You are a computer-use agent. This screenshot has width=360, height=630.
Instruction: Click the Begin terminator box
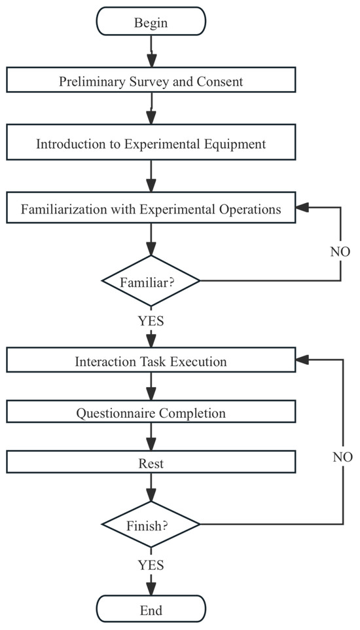[151, 23]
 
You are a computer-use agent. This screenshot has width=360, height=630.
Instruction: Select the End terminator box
[151, 610]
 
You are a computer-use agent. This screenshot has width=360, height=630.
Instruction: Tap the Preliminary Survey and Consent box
[151, 83]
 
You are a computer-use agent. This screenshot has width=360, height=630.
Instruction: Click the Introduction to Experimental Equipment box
[151, 144]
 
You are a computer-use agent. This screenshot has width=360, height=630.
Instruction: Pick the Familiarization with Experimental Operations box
[151, 210]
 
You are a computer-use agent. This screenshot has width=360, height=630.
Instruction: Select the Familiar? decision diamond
[151, 282]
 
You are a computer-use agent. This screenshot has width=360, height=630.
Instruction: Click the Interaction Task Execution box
[151, 361]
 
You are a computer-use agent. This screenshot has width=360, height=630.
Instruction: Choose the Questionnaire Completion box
[151, 413]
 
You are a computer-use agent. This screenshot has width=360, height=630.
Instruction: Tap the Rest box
[151, 464]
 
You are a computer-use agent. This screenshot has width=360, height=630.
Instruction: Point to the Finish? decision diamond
[151, 525]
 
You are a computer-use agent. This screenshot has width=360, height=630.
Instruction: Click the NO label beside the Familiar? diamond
[340, 251]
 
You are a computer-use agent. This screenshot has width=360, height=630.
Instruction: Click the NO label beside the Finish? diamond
[340, 456]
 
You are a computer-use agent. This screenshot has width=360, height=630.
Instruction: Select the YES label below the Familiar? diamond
[151, 322]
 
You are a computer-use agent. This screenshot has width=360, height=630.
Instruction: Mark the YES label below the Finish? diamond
[151, 565]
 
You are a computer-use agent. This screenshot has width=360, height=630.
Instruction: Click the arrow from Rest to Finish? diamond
[151, 490]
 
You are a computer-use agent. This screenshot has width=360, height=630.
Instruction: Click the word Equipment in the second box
[234, 144]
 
